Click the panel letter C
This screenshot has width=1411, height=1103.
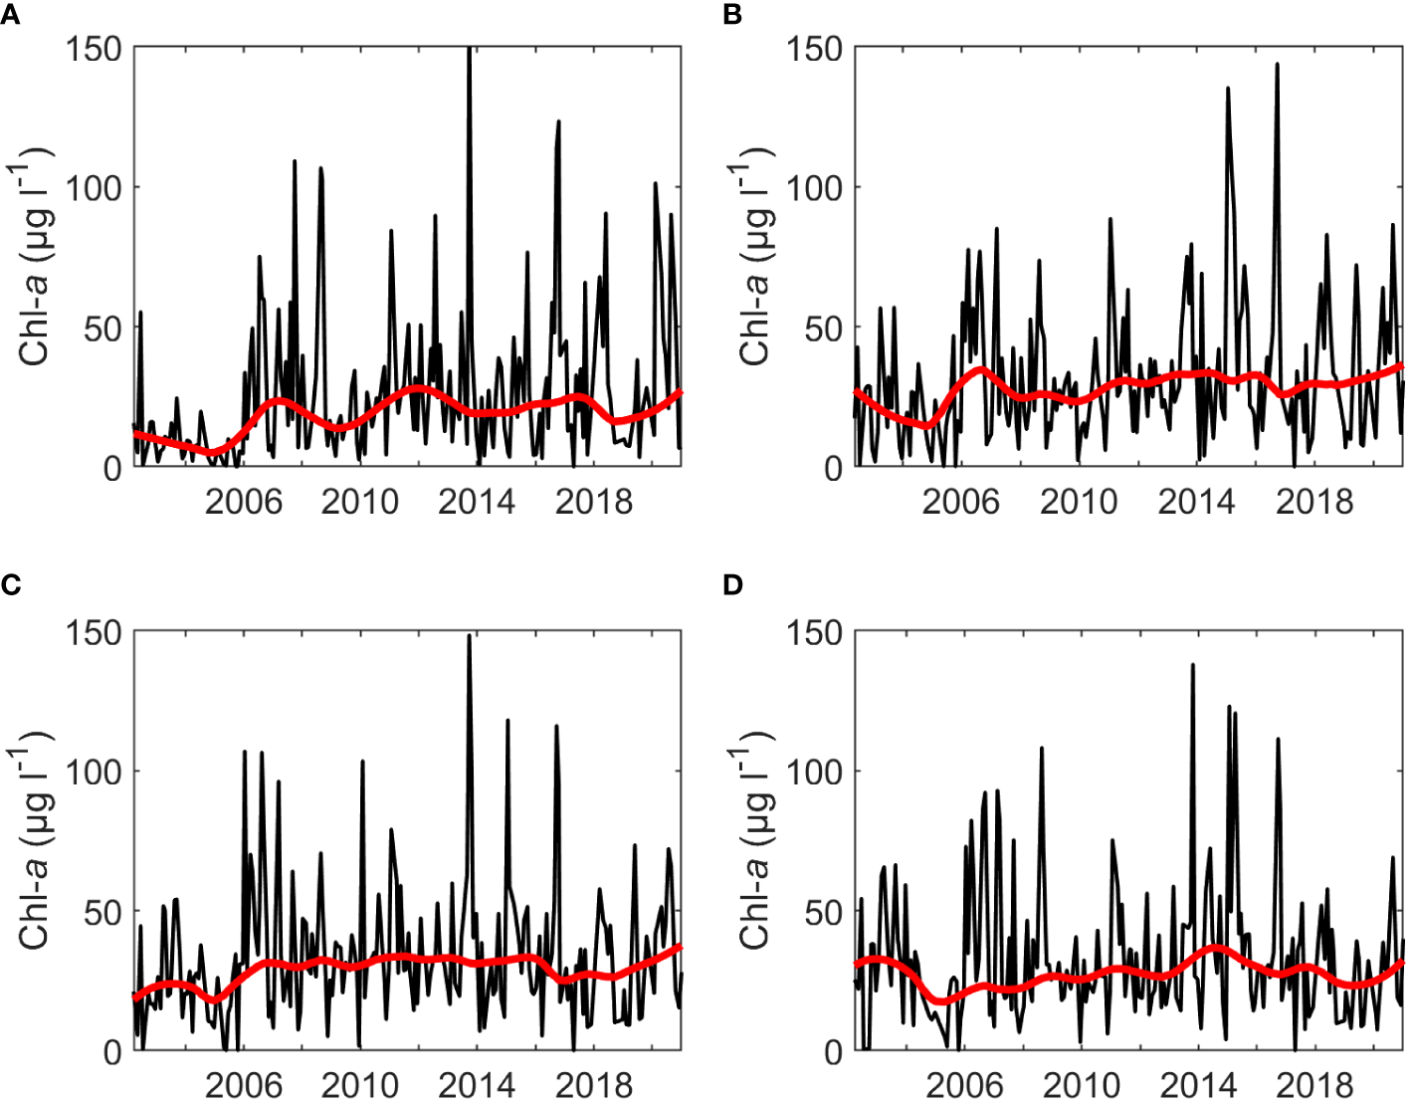10,584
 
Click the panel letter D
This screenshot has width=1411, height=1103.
733,584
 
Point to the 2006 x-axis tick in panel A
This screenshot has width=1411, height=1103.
244,501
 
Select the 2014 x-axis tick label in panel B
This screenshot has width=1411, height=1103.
1196,501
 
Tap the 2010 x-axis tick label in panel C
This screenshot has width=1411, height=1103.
360,1084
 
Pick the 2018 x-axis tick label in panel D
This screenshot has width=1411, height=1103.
1314,1084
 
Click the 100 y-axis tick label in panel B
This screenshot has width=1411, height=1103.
814,188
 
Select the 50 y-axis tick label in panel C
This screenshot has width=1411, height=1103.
102,912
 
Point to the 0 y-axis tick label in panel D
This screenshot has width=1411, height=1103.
833,1052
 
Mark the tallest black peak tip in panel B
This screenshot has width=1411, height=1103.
1277,65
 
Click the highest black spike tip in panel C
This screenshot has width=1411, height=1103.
469,636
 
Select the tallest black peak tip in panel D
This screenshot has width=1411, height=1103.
1192,665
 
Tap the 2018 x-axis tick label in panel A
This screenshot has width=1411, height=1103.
594,501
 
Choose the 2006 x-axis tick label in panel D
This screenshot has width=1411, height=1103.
961,1084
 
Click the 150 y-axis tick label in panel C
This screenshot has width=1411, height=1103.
94,632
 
